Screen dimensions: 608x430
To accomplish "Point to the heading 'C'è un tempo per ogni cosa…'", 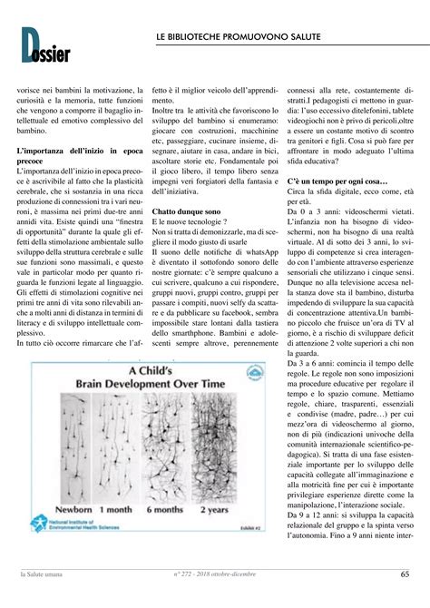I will pyautogui.click(x=337, y=181).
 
